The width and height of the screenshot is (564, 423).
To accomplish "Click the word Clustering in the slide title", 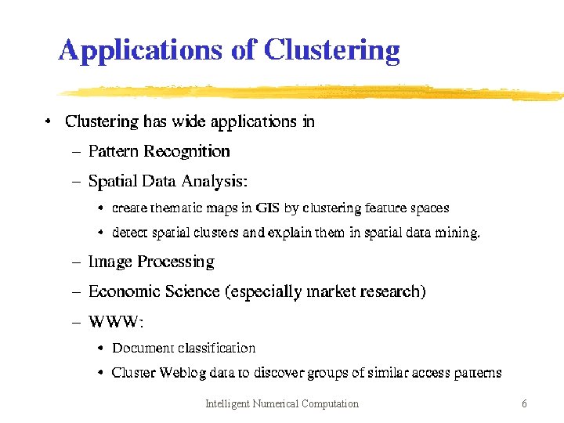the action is click(331, 51).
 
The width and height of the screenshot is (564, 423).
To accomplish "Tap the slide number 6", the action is click(524, 404).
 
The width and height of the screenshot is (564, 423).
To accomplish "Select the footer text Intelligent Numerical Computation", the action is click(281, 404).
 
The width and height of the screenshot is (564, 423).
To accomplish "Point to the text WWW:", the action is click(116, 322).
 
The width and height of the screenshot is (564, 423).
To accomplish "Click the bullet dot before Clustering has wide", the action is click(49, 121).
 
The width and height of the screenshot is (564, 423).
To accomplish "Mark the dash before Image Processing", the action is click(77, 262).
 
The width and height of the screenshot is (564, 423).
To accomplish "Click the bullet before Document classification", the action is click(102, 348).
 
